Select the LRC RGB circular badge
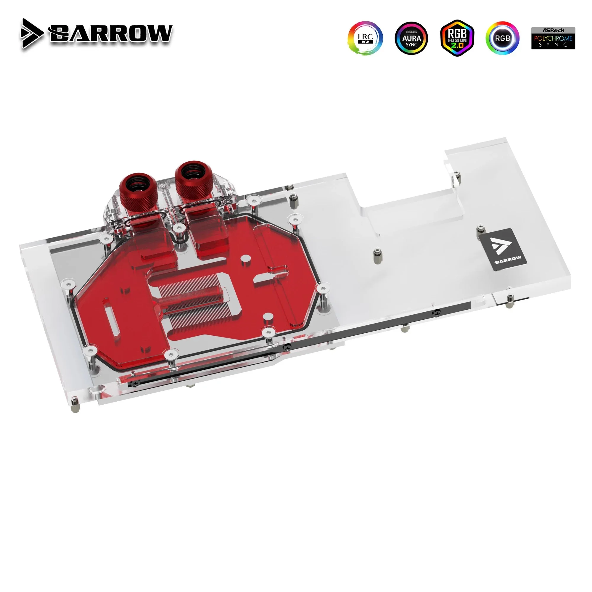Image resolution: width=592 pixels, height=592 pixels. point(365,38)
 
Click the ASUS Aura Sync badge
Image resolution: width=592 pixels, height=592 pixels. point(411,38)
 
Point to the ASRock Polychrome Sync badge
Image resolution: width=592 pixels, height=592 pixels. point(553,38)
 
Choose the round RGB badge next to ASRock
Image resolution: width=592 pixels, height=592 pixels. point(503,38)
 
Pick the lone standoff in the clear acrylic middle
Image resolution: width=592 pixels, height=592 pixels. point(375,252)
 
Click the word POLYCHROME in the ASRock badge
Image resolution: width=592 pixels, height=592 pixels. point(553,38)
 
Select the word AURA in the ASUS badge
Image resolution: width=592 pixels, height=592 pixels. point(411,38)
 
